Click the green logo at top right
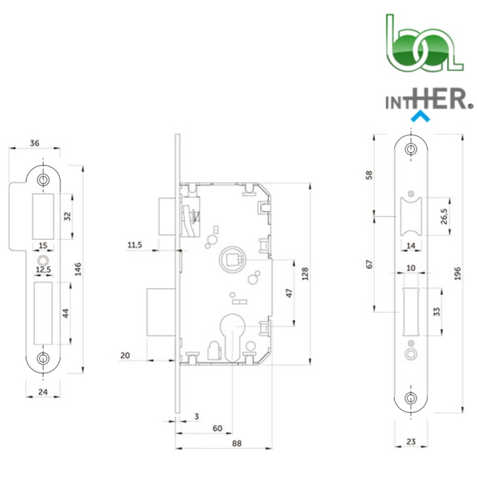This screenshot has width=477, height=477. point(425,43)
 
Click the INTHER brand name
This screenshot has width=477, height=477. point(429,99)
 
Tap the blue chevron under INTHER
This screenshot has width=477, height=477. point(420,116)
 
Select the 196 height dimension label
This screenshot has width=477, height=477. point(457,274)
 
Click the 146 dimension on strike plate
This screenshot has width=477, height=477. point(78,269)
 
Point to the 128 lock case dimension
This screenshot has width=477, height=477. point(305,274)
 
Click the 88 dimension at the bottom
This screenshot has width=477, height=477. point(237,443)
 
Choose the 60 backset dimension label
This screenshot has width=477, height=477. point(217,428)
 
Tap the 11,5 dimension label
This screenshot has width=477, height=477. point(135,245)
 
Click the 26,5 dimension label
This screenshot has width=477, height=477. point(444,216)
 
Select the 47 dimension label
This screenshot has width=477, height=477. point(289,293)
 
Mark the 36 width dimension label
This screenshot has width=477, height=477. point(35,143)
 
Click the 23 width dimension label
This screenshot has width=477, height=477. point(411,441)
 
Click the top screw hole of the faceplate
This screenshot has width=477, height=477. point(411,149)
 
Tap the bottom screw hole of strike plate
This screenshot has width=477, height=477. point(43,358)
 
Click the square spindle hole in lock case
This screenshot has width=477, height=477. point(233,259)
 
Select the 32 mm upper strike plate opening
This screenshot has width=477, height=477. point(43,216)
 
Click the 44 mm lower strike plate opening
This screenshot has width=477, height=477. point(43,314)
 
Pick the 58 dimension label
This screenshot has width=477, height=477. point(369,175)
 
